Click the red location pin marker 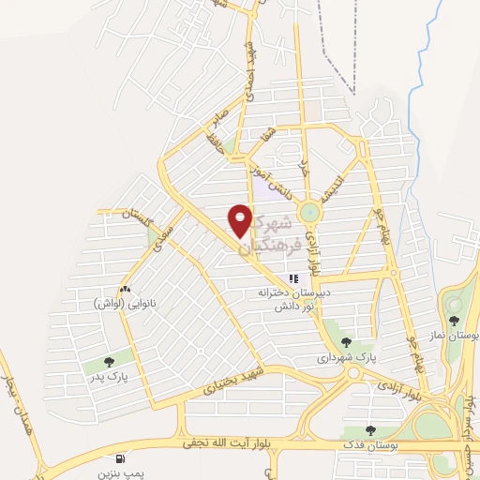(240, 221)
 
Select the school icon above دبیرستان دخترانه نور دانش (293, 278)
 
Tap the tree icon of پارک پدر (109, 360)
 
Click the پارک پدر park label (110, 377)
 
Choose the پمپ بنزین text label (123, 474)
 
